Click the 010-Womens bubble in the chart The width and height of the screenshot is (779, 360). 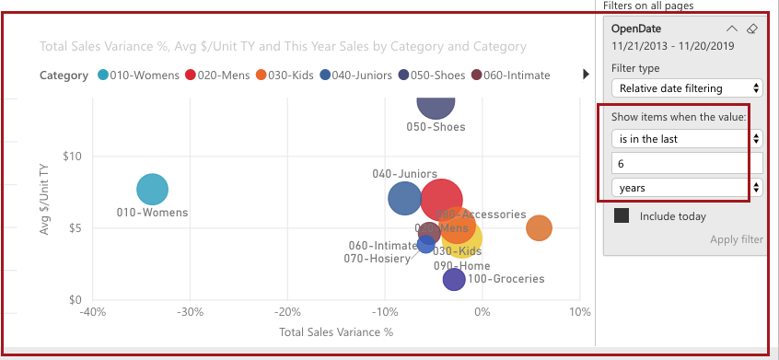click(153, 189)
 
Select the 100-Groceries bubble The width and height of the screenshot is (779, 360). click(454, 279)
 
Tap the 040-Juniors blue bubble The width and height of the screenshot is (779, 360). click(404, 198)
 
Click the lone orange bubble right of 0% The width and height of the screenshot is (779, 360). click(539, 228)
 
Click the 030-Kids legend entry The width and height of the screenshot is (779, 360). click(288, 75)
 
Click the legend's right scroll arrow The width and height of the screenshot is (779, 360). click(586, 75)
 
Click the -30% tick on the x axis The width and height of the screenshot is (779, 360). click(190, 312)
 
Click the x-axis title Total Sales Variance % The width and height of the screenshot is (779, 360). click(336, 332)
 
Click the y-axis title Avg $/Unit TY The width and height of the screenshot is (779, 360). click(44, 201)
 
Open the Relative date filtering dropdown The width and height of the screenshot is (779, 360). click(687, 88)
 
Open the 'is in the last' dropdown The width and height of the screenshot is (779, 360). click(687, 138)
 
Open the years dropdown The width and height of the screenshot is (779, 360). click(687, 188)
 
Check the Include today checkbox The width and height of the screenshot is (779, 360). click(622, 216)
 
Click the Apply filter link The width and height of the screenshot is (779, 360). click(736, 239)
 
